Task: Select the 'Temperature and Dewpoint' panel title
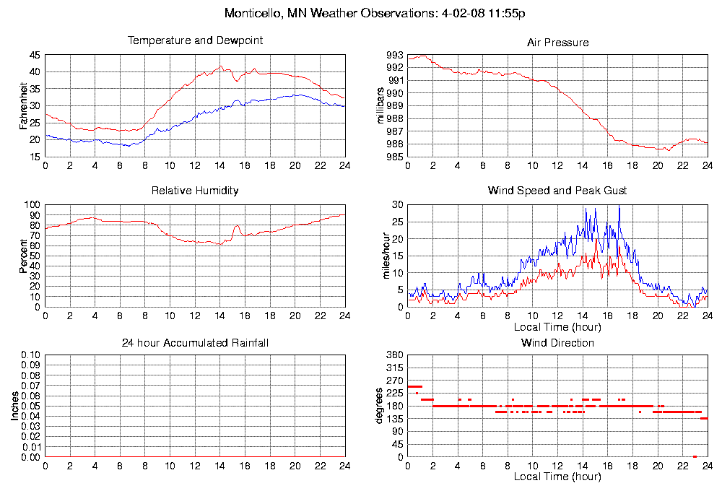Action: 195,40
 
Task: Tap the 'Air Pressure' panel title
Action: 557,43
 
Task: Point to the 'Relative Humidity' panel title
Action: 195,191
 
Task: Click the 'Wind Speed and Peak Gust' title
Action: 557,191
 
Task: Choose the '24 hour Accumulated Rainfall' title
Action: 195,342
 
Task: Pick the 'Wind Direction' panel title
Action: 557,342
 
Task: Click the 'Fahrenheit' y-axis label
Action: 23,105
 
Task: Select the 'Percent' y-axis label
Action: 23,256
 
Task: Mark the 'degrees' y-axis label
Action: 380,406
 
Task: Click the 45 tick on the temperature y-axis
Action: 35,55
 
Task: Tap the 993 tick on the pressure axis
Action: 394,55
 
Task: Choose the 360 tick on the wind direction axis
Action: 394,355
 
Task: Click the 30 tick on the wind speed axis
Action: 396,205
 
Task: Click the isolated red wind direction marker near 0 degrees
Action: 695,456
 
